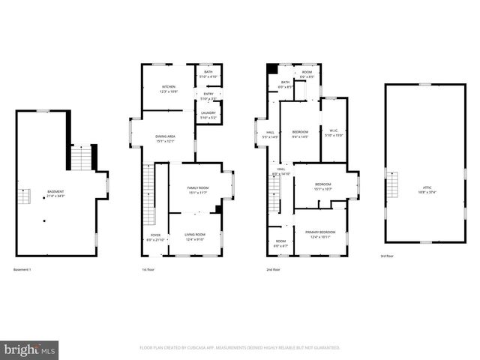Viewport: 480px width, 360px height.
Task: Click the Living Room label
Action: pyautogui.click(x=195, y=237)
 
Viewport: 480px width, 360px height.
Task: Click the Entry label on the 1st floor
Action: pyautogui.click(x=208, y=95)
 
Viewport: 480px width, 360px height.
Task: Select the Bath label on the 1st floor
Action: pyautogui.click(x=208, y=73)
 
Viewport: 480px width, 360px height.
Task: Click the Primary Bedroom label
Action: pyautogui.click(x=320, y=234)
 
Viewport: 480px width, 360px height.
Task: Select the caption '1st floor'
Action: pyautogui.click(x=148, y=269)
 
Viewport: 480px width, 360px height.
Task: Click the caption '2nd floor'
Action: pyautogui.click(x=273, y=269)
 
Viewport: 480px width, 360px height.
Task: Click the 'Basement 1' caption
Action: pyautogui.click(x=23, y=269)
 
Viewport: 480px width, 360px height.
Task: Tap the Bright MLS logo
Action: pyautogui.click(x=30, y=349)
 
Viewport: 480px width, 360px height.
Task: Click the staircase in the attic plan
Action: pyautogui.click(x=391, y=183)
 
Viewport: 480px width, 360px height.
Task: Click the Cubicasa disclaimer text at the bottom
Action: pyautogui.click(x=240, y=348)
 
